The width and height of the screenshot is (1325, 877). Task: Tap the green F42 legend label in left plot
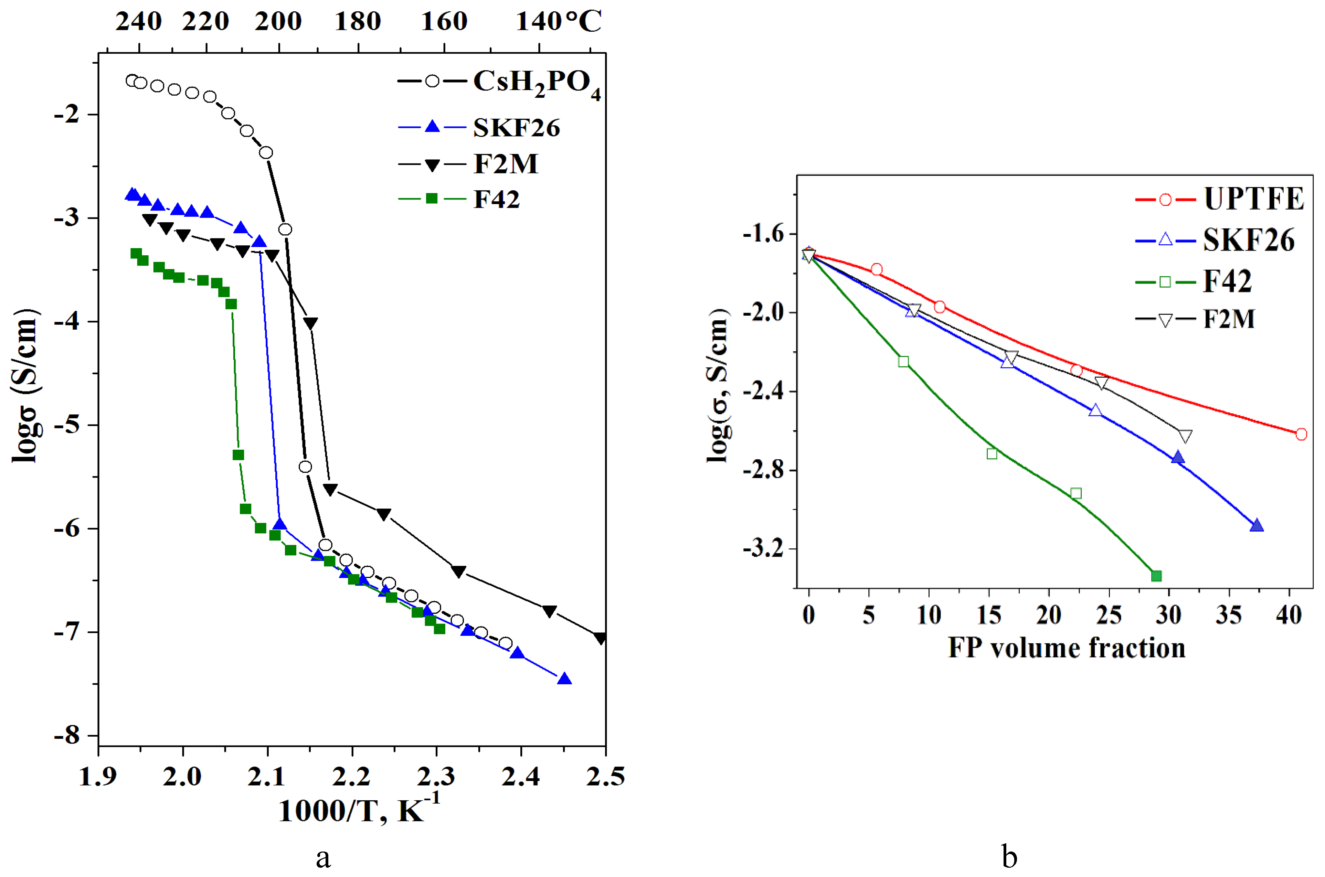496,199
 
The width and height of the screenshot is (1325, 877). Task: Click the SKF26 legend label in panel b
1248,240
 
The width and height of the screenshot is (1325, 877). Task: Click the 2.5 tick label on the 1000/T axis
605,776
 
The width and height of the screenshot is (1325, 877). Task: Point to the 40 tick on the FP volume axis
1289,615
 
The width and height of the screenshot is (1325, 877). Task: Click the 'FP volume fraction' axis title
1067,648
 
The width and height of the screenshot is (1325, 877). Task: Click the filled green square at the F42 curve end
1156,576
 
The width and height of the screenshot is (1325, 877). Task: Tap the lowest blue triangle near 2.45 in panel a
564,679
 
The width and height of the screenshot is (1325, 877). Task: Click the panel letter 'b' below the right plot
1009,856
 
